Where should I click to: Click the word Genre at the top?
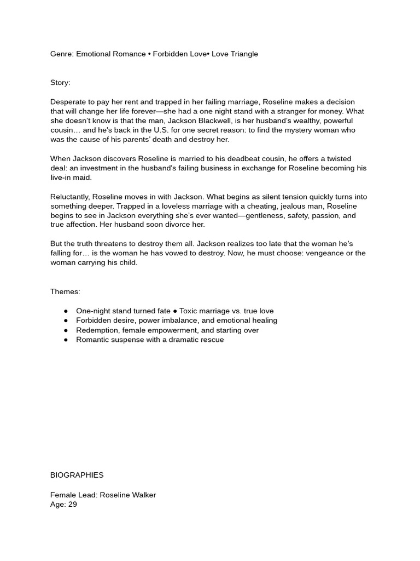pos(61,54)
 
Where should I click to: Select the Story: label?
pos(60,83)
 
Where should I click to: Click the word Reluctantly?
pos(70,197)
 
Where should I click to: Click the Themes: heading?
pos(65,291)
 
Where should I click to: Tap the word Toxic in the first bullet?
pos(190,311)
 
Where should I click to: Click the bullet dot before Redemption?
pos(66,330)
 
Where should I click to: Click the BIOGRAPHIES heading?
pos(77,475)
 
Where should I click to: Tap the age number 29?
pos(72,504)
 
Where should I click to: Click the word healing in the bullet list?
pos(263,320)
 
